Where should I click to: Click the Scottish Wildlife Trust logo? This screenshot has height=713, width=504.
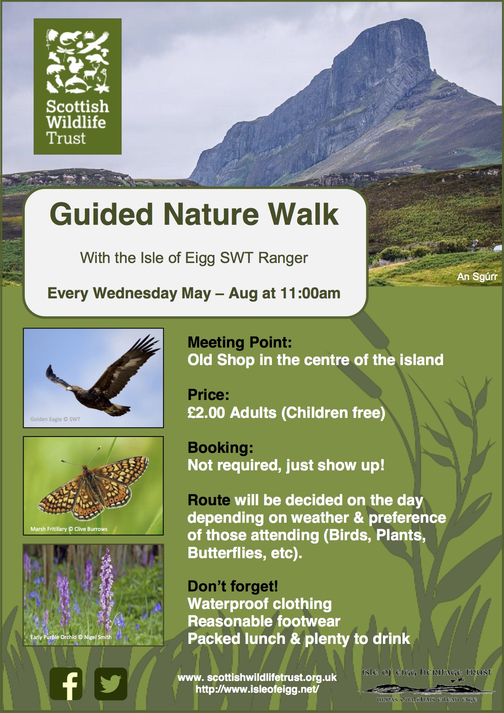(x=77, y=86)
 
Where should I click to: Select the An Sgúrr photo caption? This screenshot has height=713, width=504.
(x=477, y=277)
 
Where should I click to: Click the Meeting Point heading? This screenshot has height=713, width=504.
(x=239, y=342)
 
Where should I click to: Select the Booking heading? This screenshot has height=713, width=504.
(x=220, y=448)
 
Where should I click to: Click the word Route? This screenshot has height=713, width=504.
(x=209, y=500)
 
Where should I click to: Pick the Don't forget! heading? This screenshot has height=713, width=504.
(x=232, y=586)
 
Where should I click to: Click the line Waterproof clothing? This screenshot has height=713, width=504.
(x=259, y=604)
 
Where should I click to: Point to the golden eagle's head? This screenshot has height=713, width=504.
(x=71, y=389)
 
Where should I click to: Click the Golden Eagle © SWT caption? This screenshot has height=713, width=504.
(x=55, y=419)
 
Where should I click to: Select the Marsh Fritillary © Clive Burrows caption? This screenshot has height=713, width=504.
(x=69, y=529)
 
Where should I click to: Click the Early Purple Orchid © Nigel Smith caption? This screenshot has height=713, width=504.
(x=71, y=637)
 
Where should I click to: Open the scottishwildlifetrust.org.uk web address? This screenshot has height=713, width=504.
(x=257, y=678)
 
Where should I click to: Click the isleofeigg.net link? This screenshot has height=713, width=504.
(x=257, y=689)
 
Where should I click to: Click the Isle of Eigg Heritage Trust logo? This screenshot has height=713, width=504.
(x=426, y=686)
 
